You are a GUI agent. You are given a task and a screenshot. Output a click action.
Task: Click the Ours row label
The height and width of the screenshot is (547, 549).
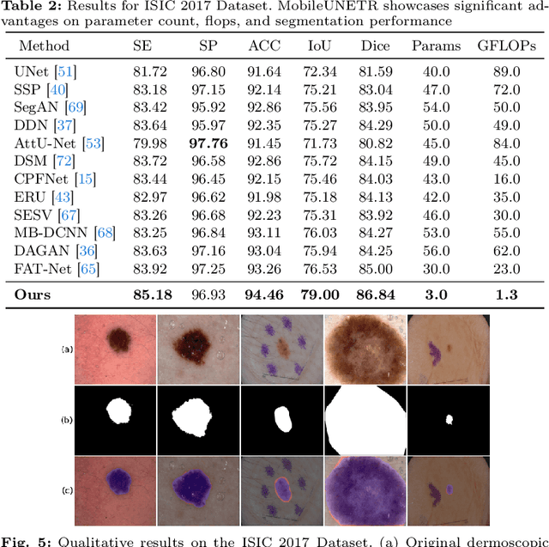(33, 295)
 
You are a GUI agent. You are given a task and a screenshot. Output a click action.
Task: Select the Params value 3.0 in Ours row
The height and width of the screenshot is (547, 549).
(436, 295)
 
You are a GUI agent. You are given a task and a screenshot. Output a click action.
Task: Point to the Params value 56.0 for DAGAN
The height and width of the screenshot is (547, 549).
(436, 250)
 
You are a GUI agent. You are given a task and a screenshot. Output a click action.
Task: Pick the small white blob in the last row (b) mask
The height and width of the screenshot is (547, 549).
(449, 421)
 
